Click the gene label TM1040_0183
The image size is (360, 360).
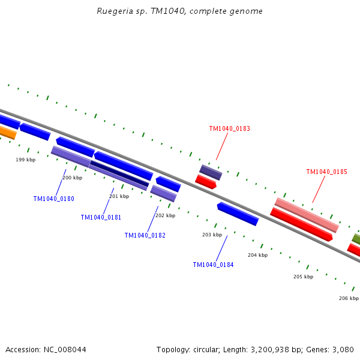(229, 128)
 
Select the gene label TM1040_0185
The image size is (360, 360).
(326, 172)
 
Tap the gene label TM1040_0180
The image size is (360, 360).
(53, 199)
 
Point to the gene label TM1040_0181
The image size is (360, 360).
(101, 217)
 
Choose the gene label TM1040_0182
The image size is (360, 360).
(145, 235)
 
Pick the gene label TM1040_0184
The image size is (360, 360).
(213, 265)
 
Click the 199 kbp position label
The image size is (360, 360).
(25, 160)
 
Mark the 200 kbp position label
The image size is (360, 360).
(72, 178)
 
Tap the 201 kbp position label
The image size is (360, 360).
(119, 196)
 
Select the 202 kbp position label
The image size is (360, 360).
(165, 215)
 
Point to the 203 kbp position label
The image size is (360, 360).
(212, 235)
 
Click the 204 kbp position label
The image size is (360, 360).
(257, 255)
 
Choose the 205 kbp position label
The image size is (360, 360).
(303, 277)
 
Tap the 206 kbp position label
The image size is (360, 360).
(349, 298)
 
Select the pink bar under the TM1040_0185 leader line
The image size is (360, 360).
(307, 215)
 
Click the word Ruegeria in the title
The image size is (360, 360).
(113, 11)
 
